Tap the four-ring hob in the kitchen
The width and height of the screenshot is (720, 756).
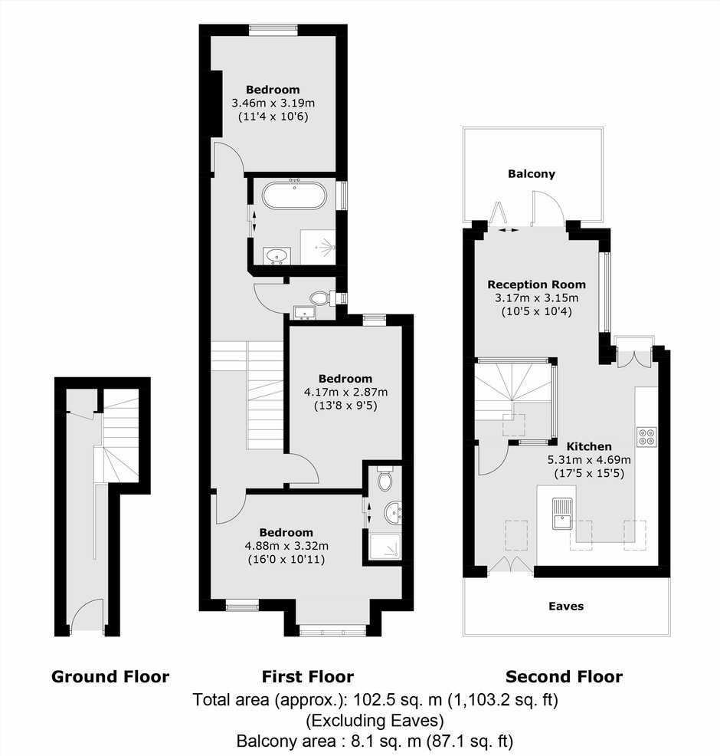pyautogui.click(x=646, y=436)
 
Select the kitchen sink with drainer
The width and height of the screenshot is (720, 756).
pyautogui.click(x=561, y=513)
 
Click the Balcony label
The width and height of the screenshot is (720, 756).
pyautogui.click(x=532, y=173)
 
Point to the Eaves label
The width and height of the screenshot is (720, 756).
pyautogui.click(x=566, y=606)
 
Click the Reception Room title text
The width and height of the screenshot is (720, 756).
pyautogui.click(x=536, y=284)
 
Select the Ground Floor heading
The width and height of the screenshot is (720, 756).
pyautogui.click(x=110, y=676)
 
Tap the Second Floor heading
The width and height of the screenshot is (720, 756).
pyautogui.click(x=564, y=676)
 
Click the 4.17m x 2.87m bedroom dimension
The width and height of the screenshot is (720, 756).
pyautogui.click(x=345, y=392)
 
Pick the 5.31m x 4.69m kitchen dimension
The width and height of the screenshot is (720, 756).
pyautogui.click(x=588, y=459)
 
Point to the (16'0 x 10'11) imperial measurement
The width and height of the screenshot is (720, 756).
pyautogui.click(x=286, y=559)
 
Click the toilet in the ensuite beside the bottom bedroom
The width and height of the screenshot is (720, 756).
pyautogui.click(x=385, y=478)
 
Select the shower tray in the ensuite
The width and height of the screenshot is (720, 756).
pyautogui.click(x=385, y=547)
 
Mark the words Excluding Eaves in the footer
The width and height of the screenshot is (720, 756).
pyautogui.click(x=375, y=720)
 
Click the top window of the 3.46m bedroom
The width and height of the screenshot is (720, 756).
pyautogui.click(x=273, y=30)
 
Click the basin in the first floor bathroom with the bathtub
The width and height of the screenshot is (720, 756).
pyautogui.click(x=277, y=255)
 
